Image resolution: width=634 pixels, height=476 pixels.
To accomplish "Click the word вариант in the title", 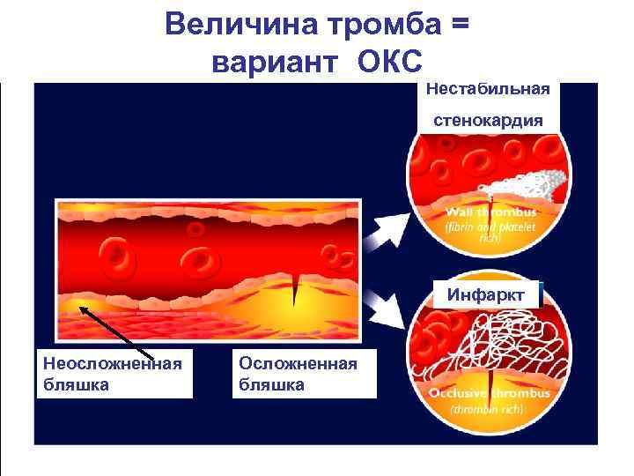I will [274, 61].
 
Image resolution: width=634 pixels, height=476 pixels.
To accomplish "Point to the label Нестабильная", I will [488, 88].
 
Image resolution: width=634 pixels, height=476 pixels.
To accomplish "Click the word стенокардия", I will [488, 119].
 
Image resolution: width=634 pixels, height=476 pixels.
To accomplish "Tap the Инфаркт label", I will [489, 294].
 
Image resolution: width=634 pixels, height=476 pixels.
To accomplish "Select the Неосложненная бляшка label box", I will [114, 374].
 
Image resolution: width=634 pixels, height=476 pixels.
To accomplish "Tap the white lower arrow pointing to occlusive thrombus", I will [384, 306].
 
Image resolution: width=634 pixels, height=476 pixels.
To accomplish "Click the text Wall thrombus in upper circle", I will [490, 212].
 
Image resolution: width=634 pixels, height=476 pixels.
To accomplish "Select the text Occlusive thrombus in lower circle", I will [490, 393].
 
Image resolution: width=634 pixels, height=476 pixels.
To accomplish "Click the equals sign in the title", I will [459, 24].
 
